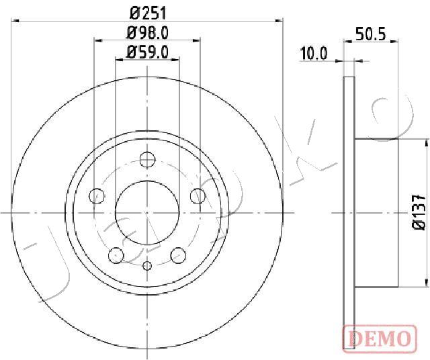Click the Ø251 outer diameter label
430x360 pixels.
click(x=147, y=11)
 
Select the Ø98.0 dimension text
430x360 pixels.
click(x=147, y=31)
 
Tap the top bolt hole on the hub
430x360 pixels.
click(x=147, y=160)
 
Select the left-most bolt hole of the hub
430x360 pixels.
click(x=97, y=196)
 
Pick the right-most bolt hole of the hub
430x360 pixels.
click(x=197, y=195)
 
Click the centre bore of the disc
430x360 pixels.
click(x=147, y=212)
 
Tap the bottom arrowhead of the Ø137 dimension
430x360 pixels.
click(x=426, y=281)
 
